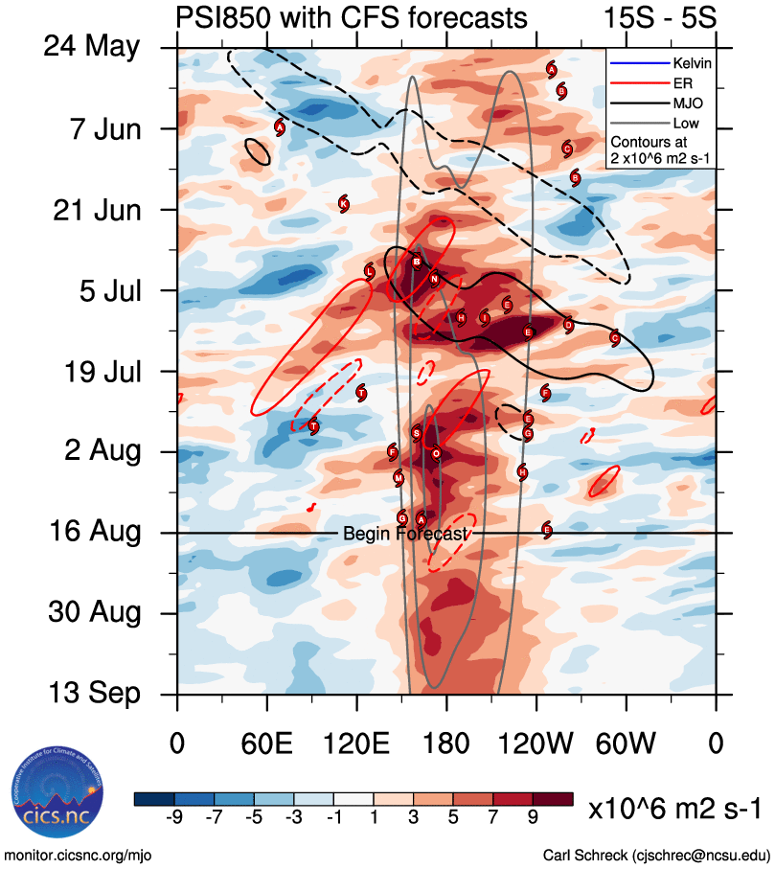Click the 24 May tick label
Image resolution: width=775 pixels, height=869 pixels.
coord(91,47)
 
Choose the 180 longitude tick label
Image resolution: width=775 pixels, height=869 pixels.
coord(446,743)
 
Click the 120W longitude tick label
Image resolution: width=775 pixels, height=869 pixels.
coord(536,743)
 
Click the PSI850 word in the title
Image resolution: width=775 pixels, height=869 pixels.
coord(220,17)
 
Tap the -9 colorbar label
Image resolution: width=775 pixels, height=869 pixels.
coord(173,816)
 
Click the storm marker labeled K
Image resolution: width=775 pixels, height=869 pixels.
coord(343,203)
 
